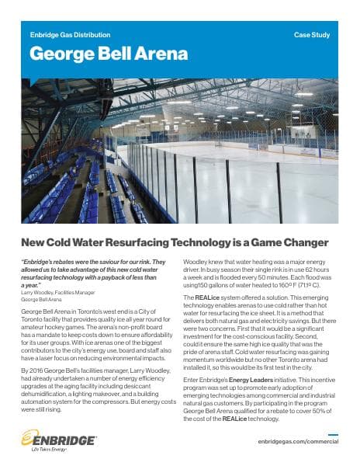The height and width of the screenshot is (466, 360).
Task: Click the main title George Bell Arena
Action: (109, 54)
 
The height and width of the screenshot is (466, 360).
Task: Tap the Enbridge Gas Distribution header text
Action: (70, 36)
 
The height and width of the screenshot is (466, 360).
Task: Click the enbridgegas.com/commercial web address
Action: (299, 440)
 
